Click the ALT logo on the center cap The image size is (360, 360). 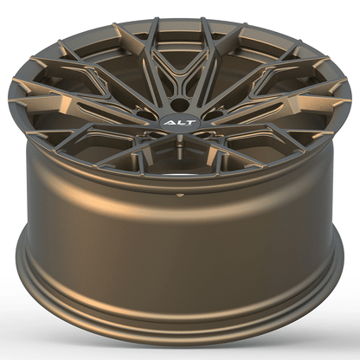(177, 123)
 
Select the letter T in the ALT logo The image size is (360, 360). (186, 123)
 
